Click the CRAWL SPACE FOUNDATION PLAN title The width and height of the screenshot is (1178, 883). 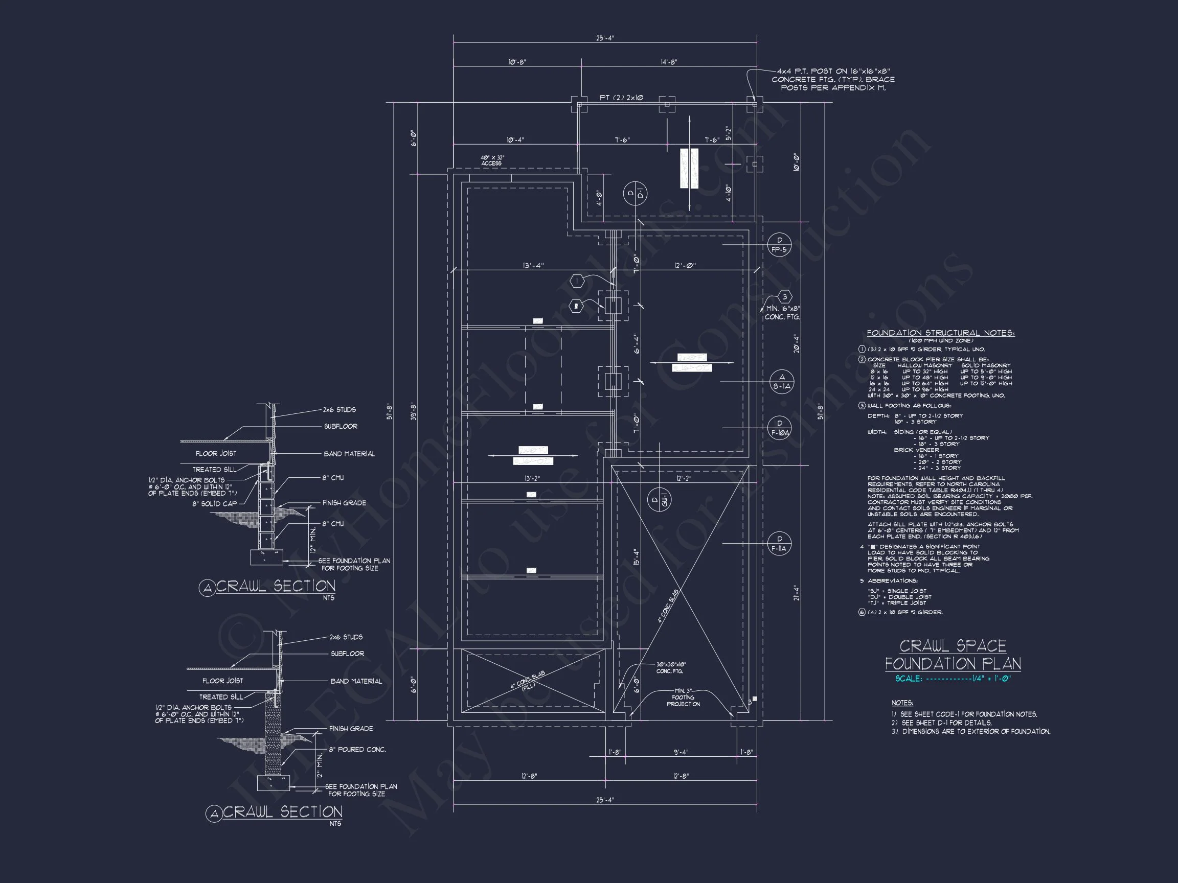(953, 655)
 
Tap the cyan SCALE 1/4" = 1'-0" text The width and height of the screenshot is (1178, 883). (953, 679)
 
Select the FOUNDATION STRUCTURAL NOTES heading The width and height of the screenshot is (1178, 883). (940, 333)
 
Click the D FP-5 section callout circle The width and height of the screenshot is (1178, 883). (779, 245)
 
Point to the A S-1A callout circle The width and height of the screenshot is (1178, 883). (781, 382)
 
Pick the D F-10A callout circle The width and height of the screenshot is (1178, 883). (780, 428)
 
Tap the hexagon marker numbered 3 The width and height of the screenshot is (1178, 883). (784, 297)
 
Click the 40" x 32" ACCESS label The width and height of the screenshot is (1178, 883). (491, 161)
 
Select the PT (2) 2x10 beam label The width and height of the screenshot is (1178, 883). (621, 98)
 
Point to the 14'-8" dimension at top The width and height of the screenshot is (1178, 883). (669, 62)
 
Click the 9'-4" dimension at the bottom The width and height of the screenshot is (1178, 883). (681, 752)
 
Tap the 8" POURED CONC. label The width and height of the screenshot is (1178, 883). (357, 750)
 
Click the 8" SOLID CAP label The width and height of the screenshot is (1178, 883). (215, 503)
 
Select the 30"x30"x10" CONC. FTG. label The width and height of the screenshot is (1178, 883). (670, 667)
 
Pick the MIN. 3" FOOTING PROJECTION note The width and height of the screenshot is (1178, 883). (683, 697)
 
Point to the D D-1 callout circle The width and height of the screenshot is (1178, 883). (635, 194)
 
